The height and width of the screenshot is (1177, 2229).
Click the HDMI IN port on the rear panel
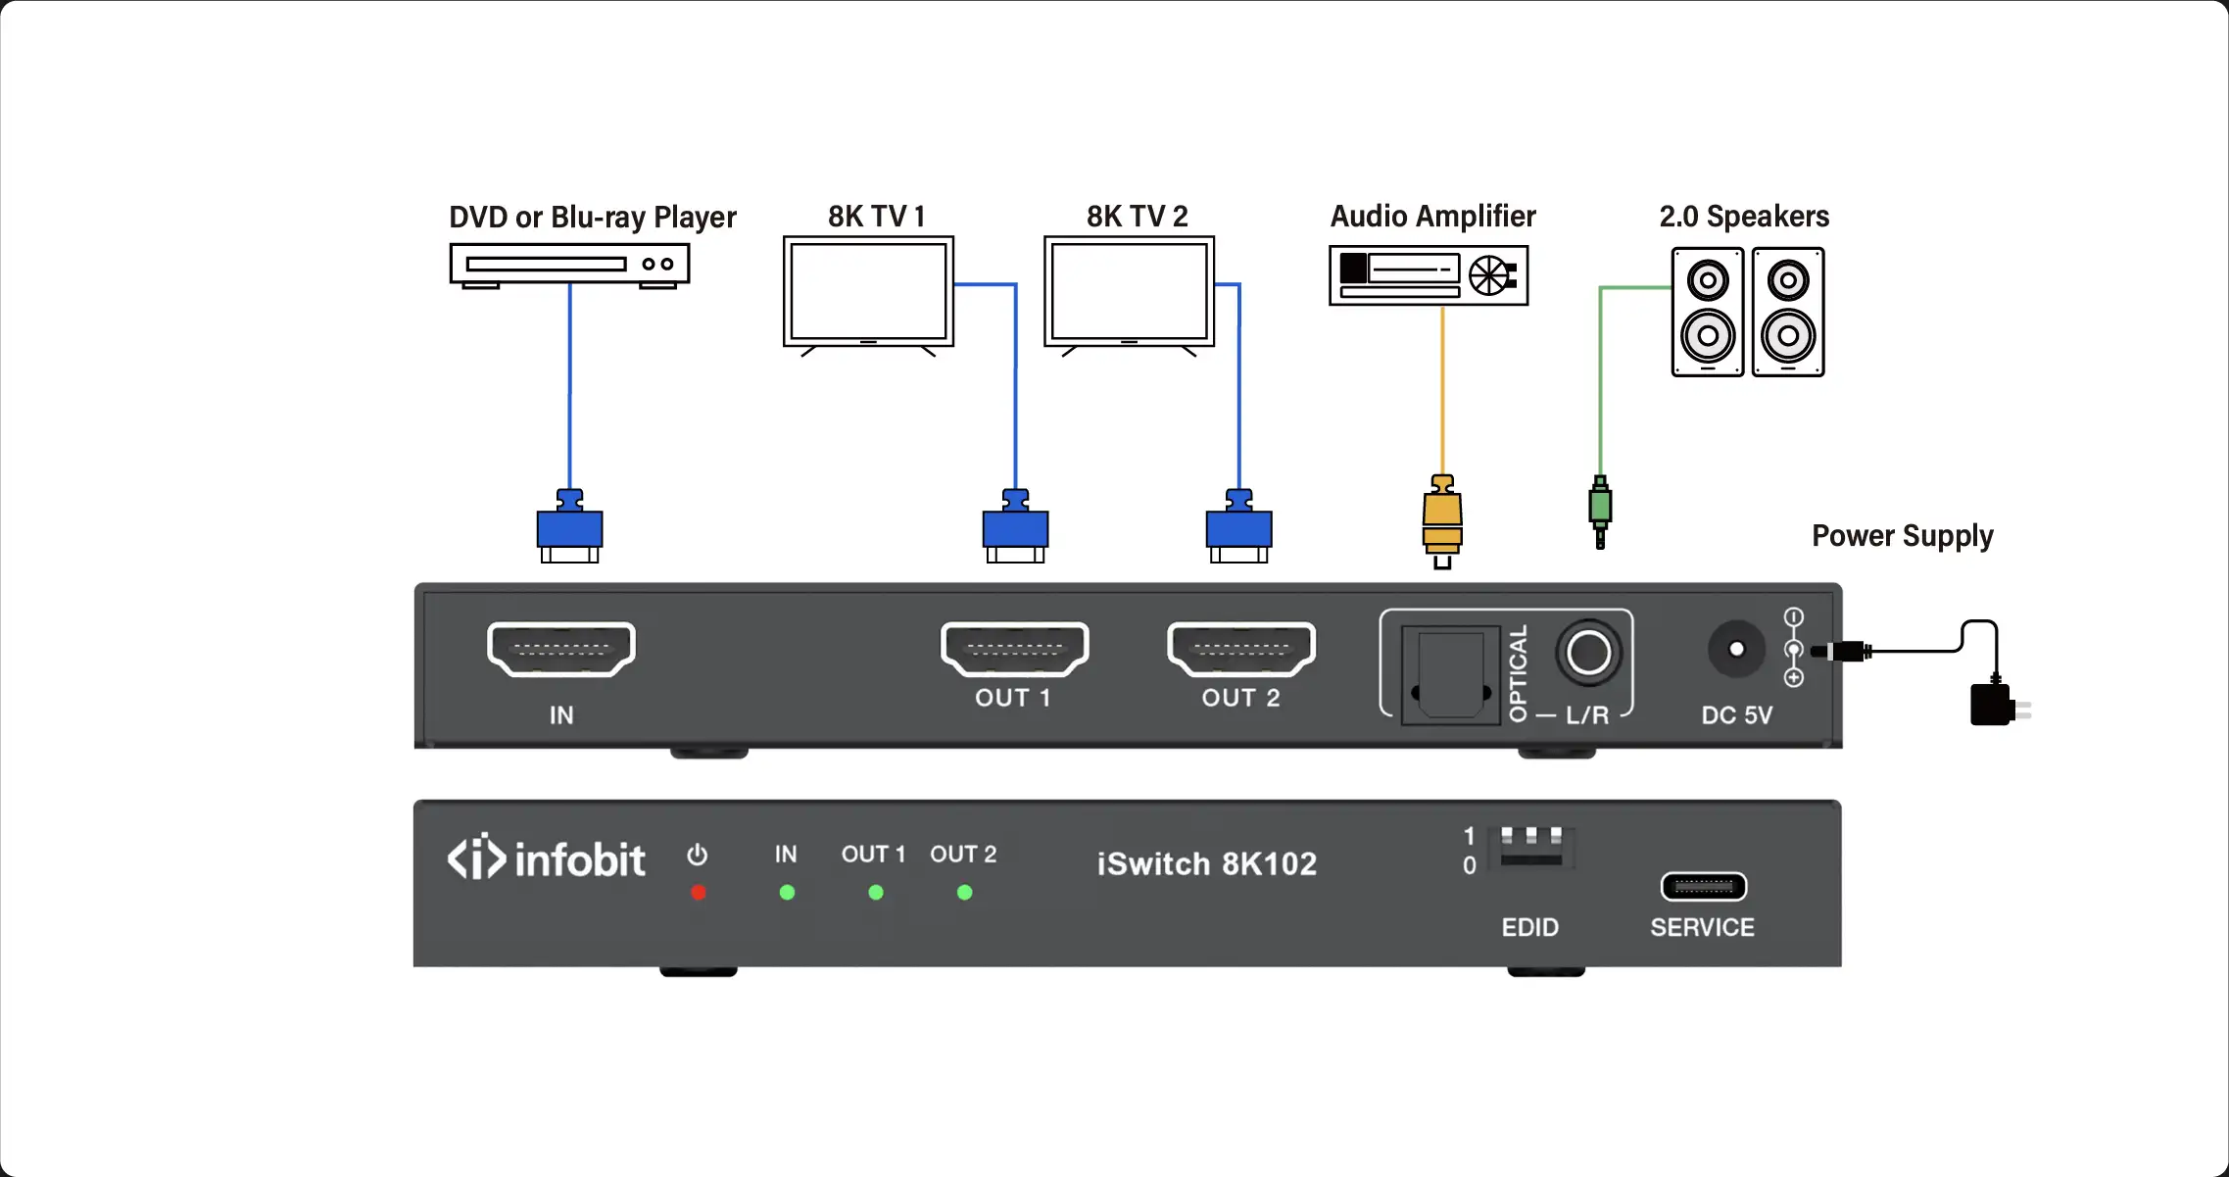(x=561, y=649)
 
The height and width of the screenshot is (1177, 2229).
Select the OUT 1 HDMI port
(x=1014, y=649)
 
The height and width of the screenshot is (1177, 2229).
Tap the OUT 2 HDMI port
(x=1240, y=649)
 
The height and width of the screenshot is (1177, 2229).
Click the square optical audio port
(x=1450, y=675)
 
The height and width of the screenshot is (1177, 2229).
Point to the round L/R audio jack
(x=1588, y=652)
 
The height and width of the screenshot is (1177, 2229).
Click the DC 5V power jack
(x=1736, y=649)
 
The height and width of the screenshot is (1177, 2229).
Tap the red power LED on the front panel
(x=698, y=893)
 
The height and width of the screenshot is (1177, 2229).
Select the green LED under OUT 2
(x=964, y=893)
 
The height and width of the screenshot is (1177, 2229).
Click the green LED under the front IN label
(x=787, y=893)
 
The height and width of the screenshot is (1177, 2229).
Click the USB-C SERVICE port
(x=1703, y=887)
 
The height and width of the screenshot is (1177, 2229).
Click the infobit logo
(x=547, y=859)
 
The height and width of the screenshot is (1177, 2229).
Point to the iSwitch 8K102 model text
(x=1206, y=863)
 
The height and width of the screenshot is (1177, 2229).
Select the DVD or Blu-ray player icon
(x=569, y=265)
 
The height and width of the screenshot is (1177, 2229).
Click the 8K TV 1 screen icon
(x=868, y=292)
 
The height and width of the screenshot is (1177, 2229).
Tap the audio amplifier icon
(x=1428, y=275)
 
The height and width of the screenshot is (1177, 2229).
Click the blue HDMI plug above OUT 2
(x=1238, y=527)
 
